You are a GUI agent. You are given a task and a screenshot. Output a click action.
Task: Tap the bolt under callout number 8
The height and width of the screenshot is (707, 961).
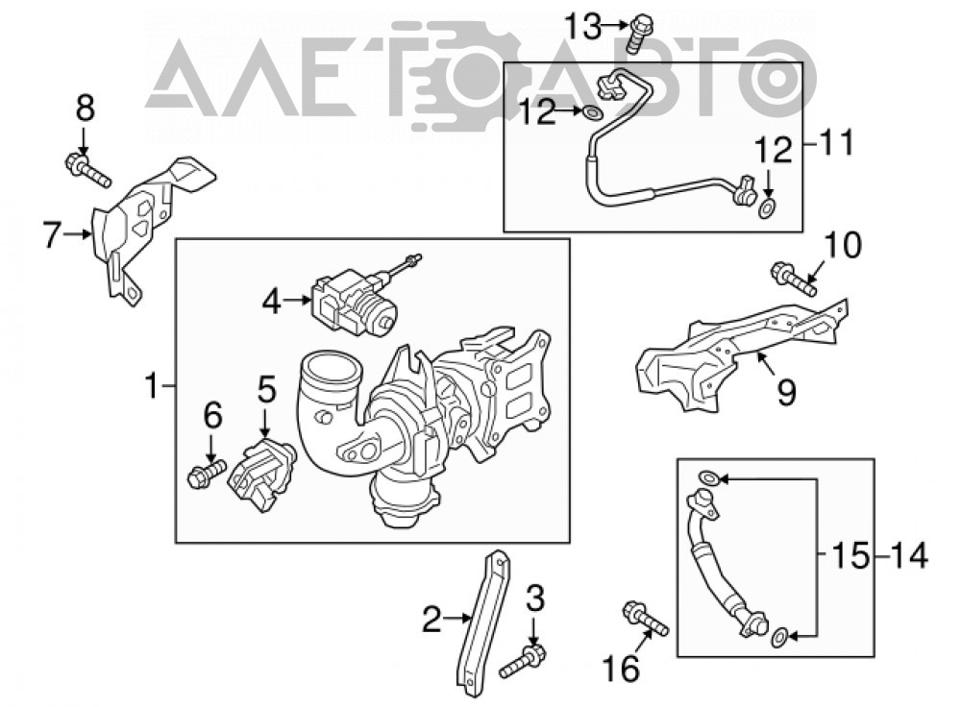[87, 170]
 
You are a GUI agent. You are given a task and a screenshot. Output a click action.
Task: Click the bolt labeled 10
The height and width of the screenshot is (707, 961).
[795, 279]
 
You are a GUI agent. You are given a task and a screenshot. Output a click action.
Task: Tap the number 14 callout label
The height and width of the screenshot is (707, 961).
[909, 556]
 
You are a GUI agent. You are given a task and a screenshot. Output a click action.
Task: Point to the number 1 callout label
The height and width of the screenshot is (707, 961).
[152, 386]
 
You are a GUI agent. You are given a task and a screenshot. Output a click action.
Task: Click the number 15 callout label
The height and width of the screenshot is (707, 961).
[850, 556]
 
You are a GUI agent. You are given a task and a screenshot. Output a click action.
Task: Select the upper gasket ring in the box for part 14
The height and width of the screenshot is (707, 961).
[707, 477]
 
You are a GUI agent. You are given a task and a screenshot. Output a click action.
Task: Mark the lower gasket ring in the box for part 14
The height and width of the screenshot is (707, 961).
[779, 637]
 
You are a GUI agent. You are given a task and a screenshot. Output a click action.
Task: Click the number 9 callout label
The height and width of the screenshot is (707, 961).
[786, 392]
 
